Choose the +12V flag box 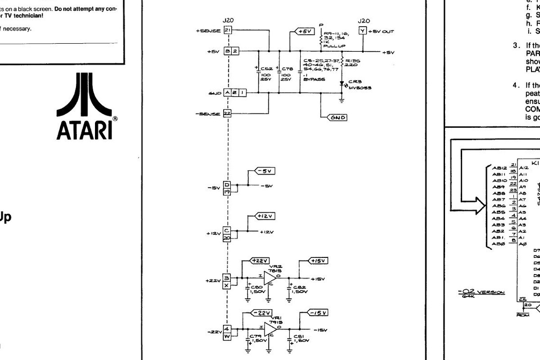(265, 216)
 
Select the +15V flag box (319, 261)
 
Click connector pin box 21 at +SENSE (227, 31)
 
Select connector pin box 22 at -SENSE (227, 114)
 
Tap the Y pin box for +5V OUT (363, 31)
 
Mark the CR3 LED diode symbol (342, 83)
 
